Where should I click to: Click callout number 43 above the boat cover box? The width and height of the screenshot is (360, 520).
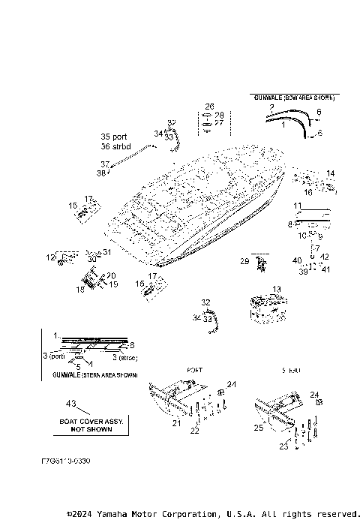point(72,404)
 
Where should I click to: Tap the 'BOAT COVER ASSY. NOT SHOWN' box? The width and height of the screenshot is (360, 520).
point(86,425)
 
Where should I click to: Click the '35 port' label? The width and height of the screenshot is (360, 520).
point(115,137)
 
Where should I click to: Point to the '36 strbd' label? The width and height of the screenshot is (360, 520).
point(115,146)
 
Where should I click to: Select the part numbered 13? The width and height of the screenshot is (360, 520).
point(264,308)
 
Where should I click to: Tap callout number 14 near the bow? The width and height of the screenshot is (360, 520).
point(330,173)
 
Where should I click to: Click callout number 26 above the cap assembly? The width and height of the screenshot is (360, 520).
point(209,107)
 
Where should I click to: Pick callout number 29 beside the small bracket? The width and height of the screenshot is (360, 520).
point(244,260)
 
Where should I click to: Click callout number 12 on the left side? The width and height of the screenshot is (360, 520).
point(50,257)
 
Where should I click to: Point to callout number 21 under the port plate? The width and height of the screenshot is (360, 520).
point(177,423)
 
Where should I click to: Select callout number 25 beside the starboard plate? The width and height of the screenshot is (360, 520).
point(259,428)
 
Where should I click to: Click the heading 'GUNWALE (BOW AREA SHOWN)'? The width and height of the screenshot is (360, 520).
point(293,98)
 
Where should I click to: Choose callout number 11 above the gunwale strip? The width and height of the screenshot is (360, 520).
point(297,205)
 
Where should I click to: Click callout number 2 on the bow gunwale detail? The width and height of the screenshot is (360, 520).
point(271,108)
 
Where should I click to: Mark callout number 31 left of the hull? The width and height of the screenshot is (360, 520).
point(106,252)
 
